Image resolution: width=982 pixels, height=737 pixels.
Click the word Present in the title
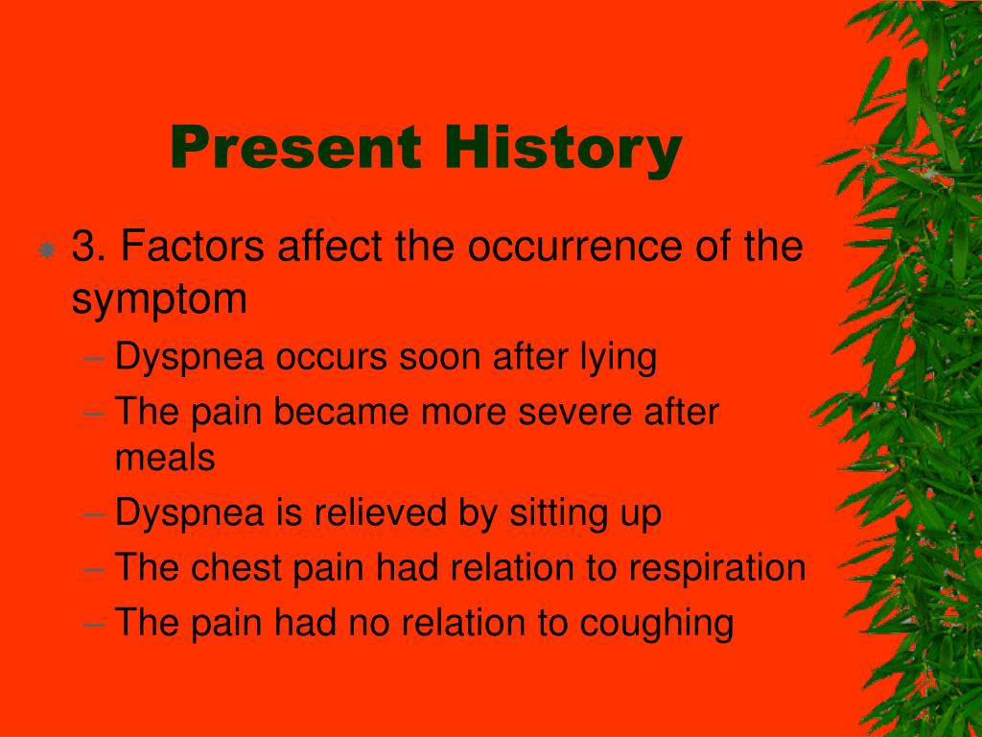click(x=295, y=147)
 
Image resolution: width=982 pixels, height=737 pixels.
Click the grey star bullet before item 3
click(x=46, y=250)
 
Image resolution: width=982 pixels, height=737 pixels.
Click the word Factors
click(x=192, y=246)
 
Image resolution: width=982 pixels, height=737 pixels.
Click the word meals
click(x=165, y=457)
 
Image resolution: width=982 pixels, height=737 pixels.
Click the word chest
click(x=236, y=567)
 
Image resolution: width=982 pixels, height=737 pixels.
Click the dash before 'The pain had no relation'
click(x=93, y=624)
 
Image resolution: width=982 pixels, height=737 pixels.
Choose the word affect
click(x=330, y=246)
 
